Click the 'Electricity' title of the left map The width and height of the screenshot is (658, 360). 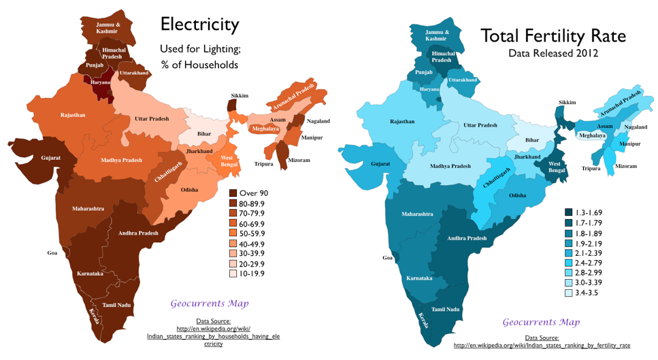(x=199, y=25)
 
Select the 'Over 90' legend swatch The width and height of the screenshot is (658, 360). (x=233, y=193)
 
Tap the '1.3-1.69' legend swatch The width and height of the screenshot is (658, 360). (x=569, y=212)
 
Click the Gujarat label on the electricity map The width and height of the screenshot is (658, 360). (x=50, y=158)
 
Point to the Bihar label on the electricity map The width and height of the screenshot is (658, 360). (x=204, y=133)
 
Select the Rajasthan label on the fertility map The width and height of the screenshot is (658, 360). (x=401, y=121)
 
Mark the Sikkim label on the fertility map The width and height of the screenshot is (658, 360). (x=567, y=102)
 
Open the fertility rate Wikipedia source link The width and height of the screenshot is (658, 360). (x=542, y=345)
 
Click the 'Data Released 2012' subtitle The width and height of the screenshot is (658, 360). (x=553, y=52)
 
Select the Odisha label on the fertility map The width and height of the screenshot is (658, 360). (x=517, y=195)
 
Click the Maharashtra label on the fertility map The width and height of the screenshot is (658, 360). (x=417, y=214)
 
